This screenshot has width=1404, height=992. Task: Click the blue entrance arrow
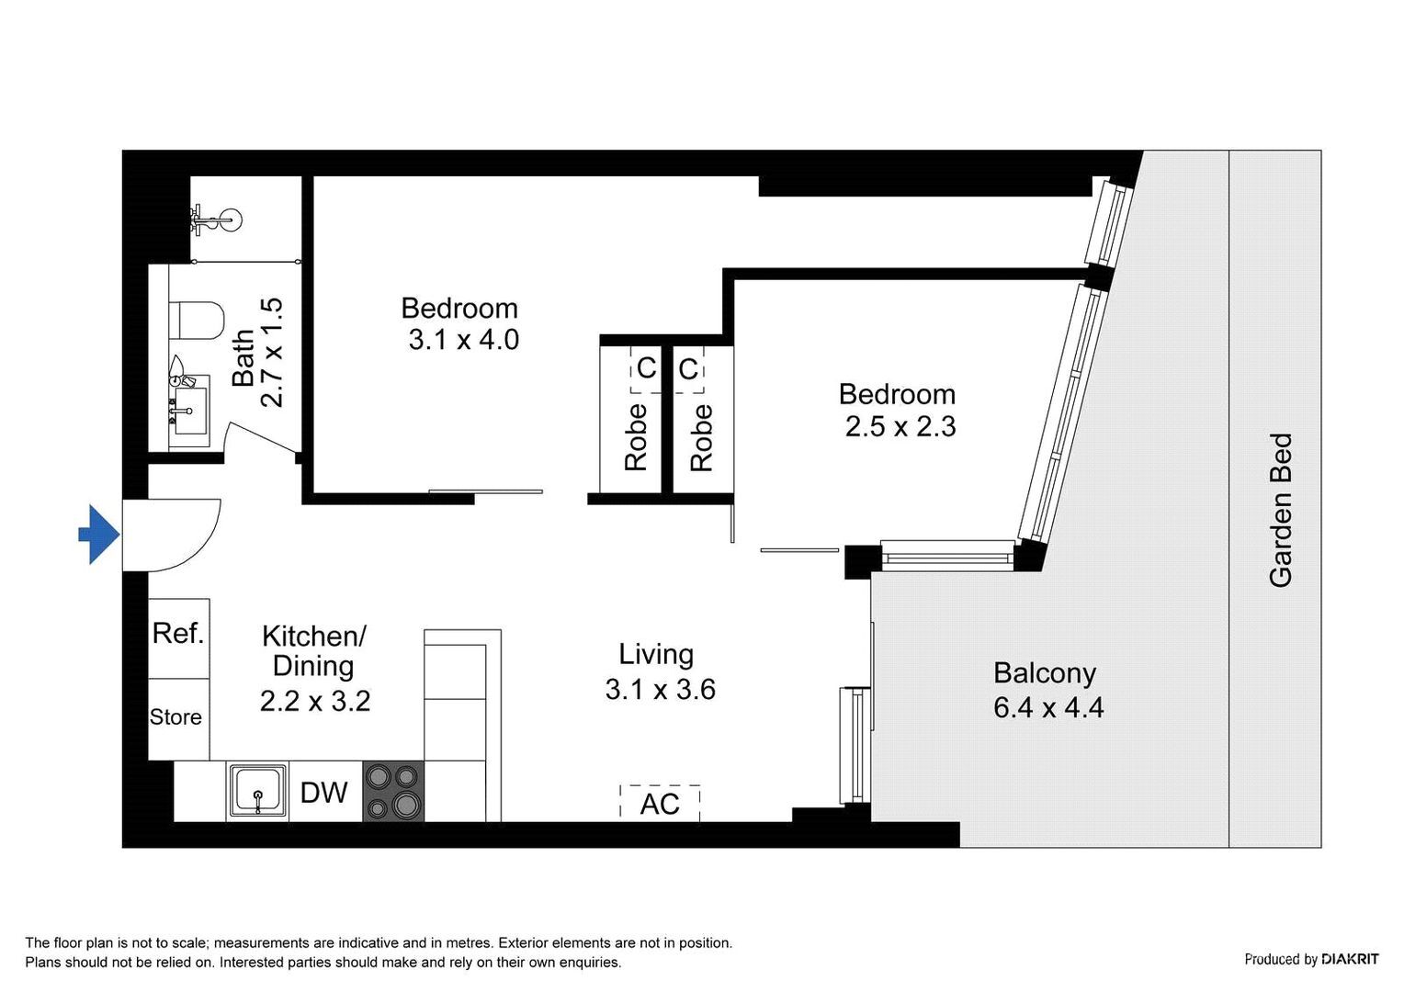coord(98,534)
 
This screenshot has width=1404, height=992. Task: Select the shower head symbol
coord(218,220)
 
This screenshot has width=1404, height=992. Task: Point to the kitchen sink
coord(257,791)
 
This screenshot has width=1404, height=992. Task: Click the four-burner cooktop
coord(393,791)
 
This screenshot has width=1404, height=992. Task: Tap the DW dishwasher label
coord(324,792)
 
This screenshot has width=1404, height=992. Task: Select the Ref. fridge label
coord(178,633)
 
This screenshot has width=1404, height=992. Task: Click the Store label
coord(175,717)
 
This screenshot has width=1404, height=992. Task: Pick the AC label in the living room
coord(660,804)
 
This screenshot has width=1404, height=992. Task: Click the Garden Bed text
coord(1280,510)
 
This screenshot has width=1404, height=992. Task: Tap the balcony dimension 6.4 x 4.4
coord(1048,707)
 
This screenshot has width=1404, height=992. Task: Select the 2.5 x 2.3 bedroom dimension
coord(900,427)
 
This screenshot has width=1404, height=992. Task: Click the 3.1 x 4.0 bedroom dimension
coord(464,340)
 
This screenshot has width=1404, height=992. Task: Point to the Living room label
coord(656,654)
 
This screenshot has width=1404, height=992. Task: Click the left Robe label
coord(636,437)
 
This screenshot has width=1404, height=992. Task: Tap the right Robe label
coord(701,437)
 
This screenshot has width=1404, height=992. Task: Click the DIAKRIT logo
coord(1350,959)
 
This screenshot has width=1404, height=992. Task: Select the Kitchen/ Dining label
coord(314,650)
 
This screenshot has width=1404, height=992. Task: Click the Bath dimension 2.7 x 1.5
coord(272,353)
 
